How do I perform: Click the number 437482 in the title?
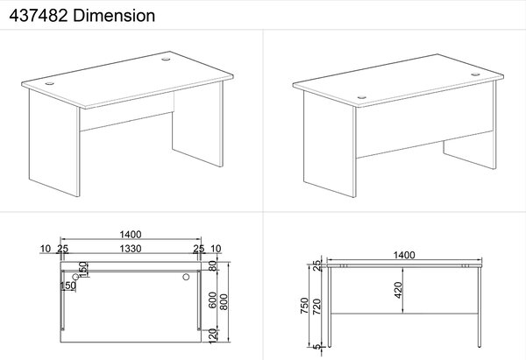39,16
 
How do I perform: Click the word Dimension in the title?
114,16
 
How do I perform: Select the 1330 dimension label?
131,249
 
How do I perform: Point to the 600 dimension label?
213,300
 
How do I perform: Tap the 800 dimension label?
224,301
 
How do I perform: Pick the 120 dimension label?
213,336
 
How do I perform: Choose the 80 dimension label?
213,266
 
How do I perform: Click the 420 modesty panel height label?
398,290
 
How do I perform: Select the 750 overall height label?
304,306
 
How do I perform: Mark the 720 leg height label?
316,307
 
